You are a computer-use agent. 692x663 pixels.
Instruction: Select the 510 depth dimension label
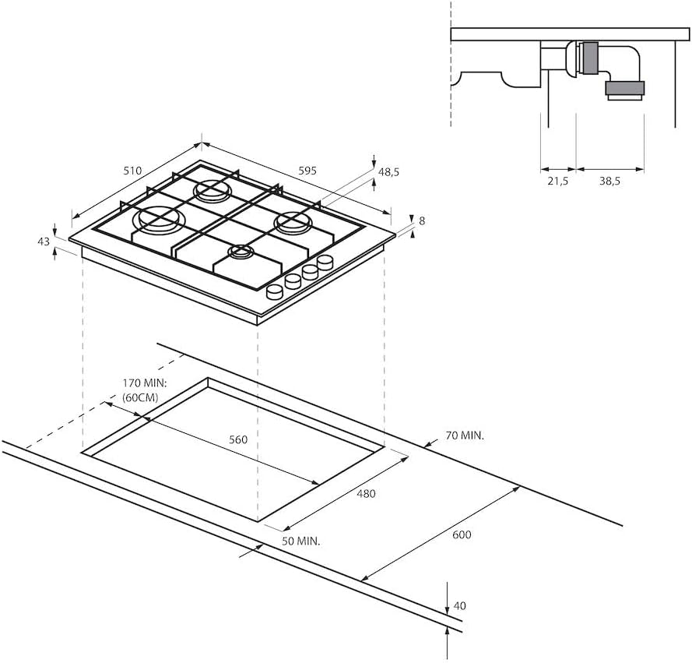132,171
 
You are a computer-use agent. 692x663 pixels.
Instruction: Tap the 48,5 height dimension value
388,172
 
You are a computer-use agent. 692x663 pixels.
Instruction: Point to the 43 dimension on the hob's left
44,242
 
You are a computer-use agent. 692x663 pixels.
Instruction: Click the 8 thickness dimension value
421,220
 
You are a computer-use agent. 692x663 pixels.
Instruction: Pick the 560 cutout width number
238,439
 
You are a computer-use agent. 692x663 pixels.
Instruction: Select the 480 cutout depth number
366,493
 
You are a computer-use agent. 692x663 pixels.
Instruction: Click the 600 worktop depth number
462,534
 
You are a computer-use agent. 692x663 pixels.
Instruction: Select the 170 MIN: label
146,383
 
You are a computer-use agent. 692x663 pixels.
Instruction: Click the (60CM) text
140,398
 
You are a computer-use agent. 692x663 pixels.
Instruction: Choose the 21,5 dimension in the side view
557,181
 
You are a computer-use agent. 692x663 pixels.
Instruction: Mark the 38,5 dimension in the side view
609,181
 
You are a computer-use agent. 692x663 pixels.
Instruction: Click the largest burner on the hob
160,219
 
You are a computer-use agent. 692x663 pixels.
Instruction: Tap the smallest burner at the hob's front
241,252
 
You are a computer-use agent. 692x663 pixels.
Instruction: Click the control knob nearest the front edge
275,291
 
